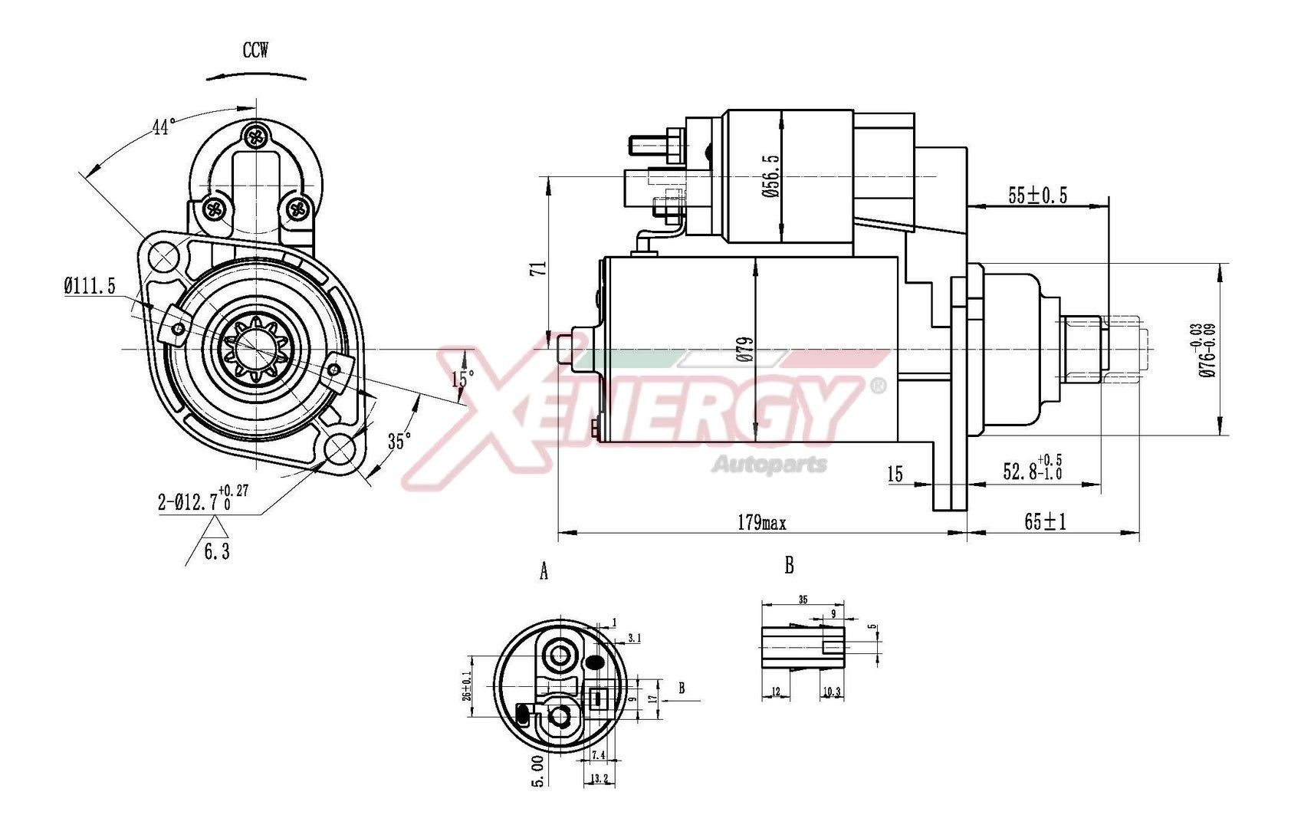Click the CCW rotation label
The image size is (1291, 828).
coord(255,51)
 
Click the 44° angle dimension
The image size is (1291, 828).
coord(162,127)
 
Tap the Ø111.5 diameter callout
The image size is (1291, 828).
coord(89,287)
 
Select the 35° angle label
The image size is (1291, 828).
coord(399,441)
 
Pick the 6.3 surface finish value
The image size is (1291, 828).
coord(216,550)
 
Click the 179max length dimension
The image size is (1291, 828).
coord(761,523)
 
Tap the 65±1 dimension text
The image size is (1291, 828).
coord(1046,522)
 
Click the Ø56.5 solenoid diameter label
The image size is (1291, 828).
coord(770,176)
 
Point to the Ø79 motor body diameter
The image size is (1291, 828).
coord(746,349)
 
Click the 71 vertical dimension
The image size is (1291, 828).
coord(539,268)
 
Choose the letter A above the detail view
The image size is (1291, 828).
coord(544,571)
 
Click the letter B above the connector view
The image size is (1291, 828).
coord(789,566)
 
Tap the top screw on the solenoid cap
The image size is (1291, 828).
coord(256,138)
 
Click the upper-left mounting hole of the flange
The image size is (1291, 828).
coord(163,258)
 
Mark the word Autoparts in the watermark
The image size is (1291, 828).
coord(770,464)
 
